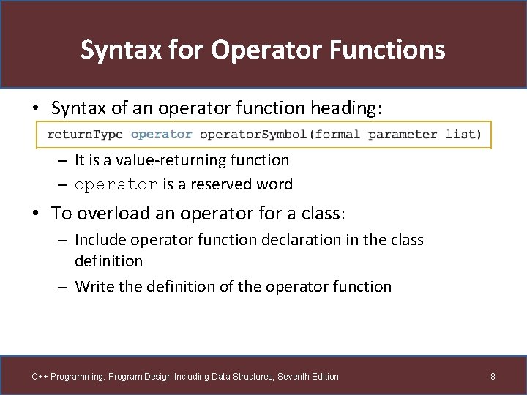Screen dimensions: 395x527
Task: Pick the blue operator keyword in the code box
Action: coord(161,135)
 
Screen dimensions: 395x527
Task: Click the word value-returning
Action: coord(170,159)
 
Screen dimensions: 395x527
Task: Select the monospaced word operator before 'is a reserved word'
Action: coord(116,185)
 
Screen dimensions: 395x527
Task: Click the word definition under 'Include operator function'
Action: coord(108,260)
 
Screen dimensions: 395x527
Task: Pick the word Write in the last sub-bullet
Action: coord(94,287)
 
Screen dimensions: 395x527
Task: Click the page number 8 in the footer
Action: coord(493,377)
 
